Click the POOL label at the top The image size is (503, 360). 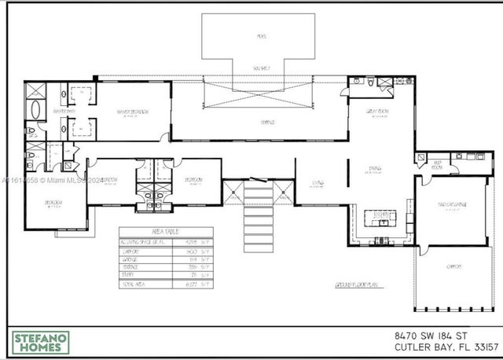(260, 36)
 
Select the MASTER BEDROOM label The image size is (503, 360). (133, 112)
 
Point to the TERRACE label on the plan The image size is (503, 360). (266, 123)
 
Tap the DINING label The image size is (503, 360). (375, 168)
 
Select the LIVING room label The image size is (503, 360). (318, 183)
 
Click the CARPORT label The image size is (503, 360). (453, 266)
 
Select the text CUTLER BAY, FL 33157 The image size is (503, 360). (446, 347)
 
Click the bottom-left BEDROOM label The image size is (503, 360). (53, 203)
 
